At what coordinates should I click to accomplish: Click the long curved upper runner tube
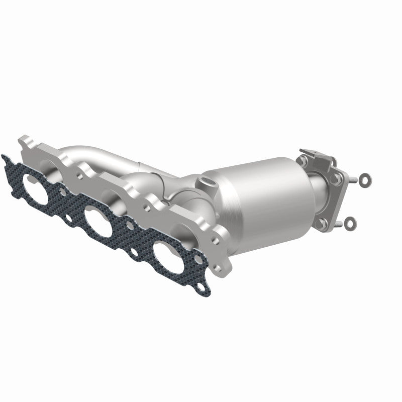tap(100, 154)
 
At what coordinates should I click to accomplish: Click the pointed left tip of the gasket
tap(4, 159)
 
